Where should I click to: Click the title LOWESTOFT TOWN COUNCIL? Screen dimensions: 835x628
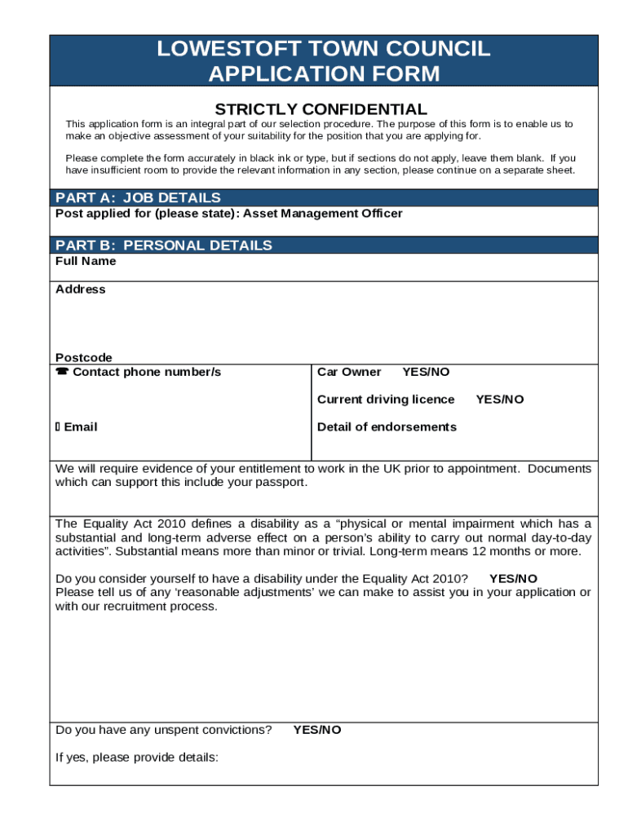(x=324, y=49)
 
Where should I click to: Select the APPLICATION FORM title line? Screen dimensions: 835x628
(x=324, y=74)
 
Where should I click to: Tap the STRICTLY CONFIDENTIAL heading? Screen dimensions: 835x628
(x=321, y=109)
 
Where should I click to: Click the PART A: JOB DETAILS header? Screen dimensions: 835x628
(x=138, y=197)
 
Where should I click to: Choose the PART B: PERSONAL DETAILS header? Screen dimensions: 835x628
(x=163, y=245)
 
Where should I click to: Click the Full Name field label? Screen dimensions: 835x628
(x=86, y=261)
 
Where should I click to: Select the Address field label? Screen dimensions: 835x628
(x=80, y=289)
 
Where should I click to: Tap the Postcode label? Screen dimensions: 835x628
(x=84, y=357)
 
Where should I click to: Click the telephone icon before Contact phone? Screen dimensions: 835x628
(x=62, y=372)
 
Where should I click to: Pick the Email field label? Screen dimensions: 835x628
(x=80, y=427)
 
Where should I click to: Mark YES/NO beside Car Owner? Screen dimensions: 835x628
(x=426, y=372)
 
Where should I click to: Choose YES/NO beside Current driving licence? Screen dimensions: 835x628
(x=500, y=400)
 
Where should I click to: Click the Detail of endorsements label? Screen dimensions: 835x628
(x=387, y=427)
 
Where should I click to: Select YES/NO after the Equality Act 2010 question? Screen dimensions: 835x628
(x=513, y=579)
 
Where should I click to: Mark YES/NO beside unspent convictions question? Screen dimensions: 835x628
(x=317, y=730)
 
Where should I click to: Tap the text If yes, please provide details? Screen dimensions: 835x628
(x=136, y=758)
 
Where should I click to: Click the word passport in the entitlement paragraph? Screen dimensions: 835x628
(x=282, y=482)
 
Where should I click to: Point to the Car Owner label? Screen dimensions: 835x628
(x=349, y=372)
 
